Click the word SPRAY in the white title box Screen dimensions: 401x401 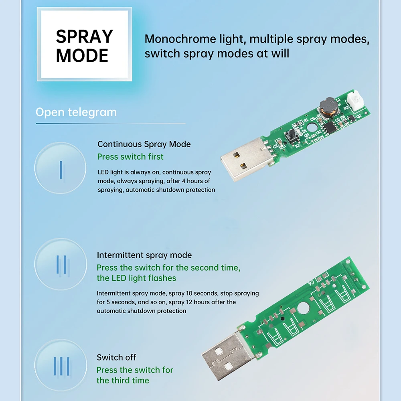point(84,36)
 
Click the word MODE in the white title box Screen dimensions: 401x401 point(82,56)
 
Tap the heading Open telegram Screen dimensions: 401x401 point(76,112)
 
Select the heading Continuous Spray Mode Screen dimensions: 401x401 point(144,144)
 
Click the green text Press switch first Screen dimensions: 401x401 point(130,156)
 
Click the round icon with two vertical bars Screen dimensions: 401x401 point(61,264)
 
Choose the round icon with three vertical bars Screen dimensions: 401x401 point(61,365)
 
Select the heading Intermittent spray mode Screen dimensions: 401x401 point(144,255)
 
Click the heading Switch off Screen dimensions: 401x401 point(116,357)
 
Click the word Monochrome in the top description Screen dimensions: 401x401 point(175,39)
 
